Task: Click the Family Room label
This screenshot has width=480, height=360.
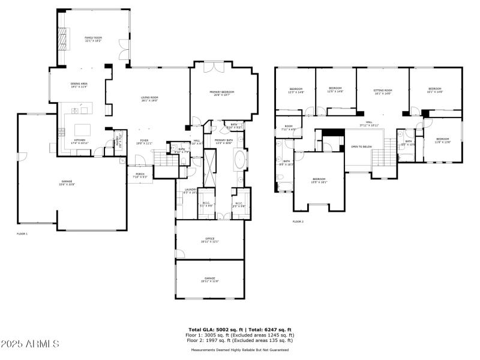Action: [x=94, y=38]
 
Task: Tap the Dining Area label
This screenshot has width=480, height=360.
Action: [x=79, y=85]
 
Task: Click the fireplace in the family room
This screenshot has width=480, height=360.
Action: [x=61, y=39]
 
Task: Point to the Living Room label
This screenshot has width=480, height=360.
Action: [x=149, y=99]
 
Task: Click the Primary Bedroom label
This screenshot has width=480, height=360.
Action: [x=221, y=93]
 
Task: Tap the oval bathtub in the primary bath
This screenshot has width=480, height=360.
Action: [x=239, y=160]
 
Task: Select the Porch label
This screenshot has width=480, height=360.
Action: [x=140, y=175]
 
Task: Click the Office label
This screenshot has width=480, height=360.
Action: [x=209, y=240]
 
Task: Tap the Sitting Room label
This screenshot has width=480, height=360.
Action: [x=383, y=91]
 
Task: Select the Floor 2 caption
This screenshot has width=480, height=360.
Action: [x=298, y=221]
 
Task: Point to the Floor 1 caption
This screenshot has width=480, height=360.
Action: [x=22, y=233]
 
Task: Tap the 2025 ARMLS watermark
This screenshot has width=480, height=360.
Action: [x=30, y=344]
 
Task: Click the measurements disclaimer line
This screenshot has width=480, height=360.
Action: [x=240, y=350]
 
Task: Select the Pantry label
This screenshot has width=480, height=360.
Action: [x=118, y=143]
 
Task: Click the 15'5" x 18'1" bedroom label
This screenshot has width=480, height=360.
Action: [x=319, y=180]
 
